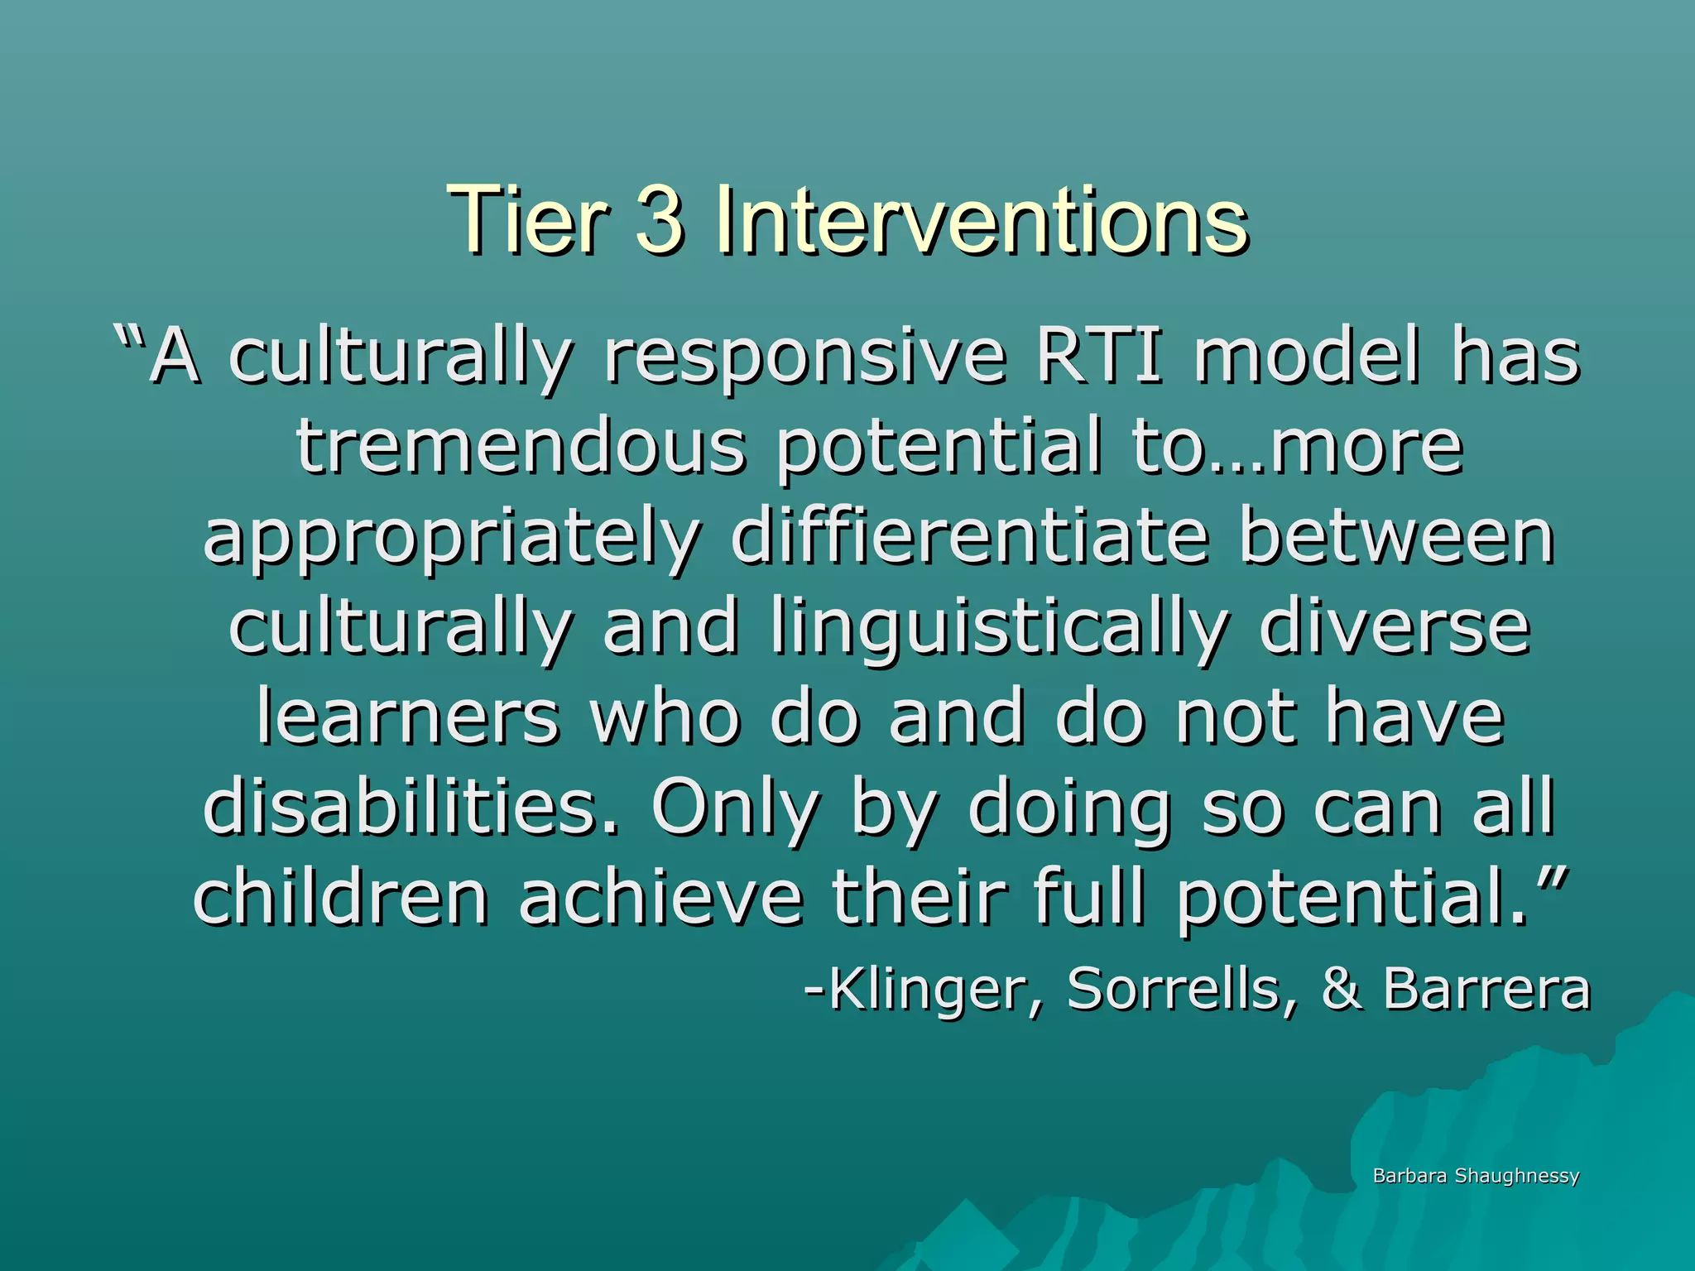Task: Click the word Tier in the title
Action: coord(526,219)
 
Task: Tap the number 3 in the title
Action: coord(660,219)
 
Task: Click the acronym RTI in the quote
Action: coord(1100,357)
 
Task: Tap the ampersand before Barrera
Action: coord(1340,989)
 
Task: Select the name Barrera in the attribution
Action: coord(1486,989)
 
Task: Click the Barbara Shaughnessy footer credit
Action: coord(1476,1176)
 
